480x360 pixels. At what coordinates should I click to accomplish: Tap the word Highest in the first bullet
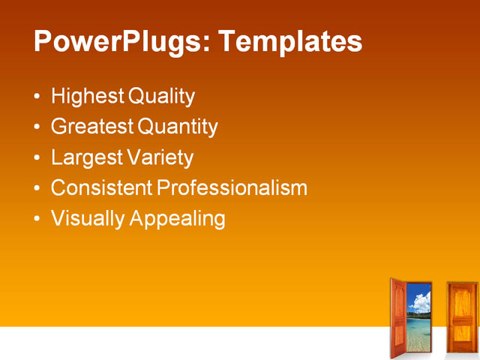click(87, 97)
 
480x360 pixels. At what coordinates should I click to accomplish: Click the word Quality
click(161, 97)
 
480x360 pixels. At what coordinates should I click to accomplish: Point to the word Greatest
click(91, 127)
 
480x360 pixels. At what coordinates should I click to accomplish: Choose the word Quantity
click(177, 127)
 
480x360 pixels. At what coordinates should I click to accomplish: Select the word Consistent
click(100, 187)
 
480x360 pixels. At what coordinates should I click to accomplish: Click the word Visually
click(87, 218)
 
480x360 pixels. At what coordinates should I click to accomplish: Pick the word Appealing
click(177, 218)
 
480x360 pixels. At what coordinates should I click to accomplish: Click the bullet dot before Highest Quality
click(38, 97)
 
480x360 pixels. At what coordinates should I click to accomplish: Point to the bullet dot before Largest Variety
click(38, 158)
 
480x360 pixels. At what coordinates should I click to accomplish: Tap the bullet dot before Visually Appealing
click(38, 219)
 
